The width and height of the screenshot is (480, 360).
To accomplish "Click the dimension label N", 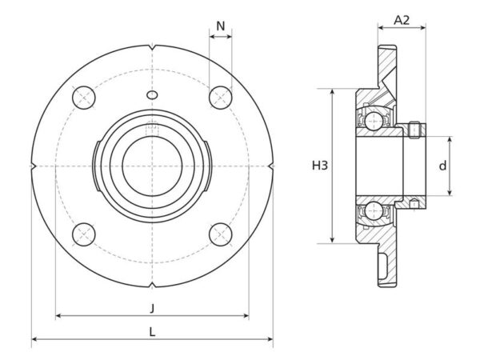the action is [x=221, y=26].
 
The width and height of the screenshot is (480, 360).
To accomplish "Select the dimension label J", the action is [x=152, y=308].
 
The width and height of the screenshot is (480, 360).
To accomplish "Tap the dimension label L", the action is [x=152, y=331].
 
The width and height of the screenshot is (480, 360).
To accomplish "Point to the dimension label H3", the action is [x=319, y=166].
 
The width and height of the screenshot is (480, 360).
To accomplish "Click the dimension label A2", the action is [x=402, y=20].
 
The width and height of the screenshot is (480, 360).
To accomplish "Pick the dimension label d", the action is [x=442, y=166].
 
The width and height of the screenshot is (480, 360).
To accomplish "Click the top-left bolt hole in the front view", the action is [x=84, y=98].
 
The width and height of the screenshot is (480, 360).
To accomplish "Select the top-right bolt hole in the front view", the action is [x=221, y=98].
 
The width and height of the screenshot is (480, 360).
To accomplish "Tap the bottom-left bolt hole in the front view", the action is [x=84, y=234].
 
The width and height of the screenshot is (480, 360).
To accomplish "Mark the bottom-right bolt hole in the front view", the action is [x=221, y=234].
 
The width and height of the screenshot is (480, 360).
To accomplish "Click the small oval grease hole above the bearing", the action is [x=152, y=95].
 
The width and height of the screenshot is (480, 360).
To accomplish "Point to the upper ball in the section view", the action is [x=374, y=121].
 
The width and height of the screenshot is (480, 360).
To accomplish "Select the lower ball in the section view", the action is [x=374, y=211].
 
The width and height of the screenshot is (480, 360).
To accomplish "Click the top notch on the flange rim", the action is [x=153, y=47].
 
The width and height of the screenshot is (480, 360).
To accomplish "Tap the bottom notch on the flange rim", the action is [x=153, y=286].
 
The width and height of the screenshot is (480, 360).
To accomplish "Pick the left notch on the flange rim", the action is [x=34, y=166].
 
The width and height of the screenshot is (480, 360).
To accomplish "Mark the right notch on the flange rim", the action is [x=271, y=166].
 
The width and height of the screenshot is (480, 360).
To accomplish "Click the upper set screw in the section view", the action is [x=414, y=130].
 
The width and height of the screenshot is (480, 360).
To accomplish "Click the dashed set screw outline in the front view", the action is [x=152, y=129].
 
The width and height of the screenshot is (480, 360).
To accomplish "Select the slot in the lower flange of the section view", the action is [x=382, y=266].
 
